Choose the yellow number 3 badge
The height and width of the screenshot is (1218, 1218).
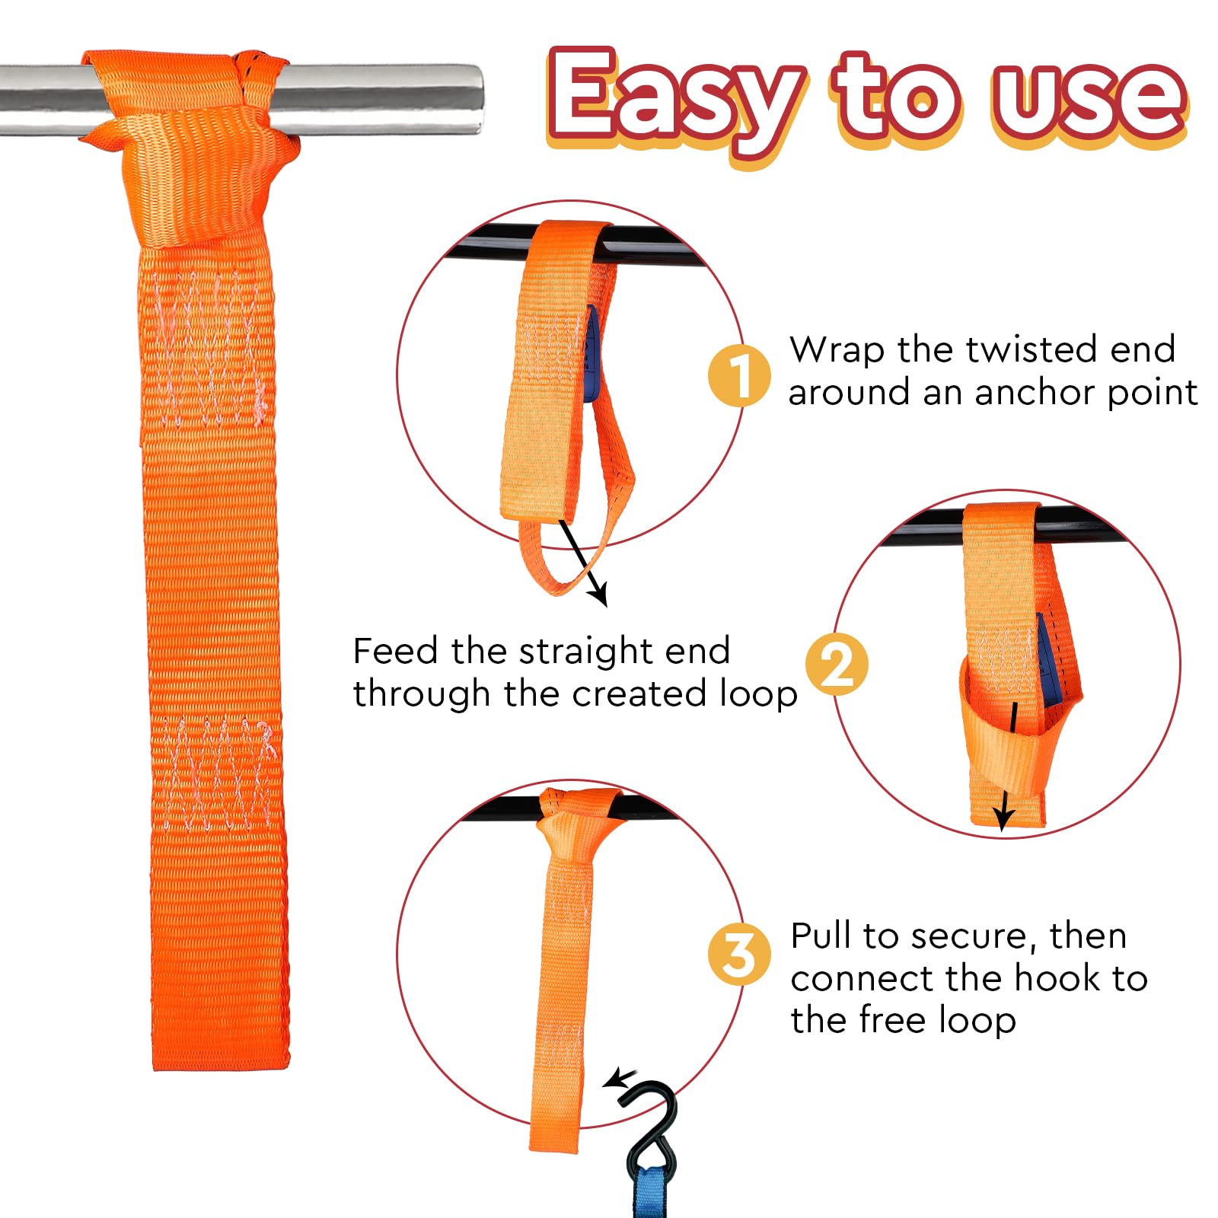tap(738, 955)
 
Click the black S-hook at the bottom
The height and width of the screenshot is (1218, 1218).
tap(652, 1127)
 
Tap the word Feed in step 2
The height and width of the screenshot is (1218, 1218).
tap(396, 651)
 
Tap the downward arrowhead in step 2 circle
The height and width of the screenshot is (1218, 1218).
tap(1004, 819)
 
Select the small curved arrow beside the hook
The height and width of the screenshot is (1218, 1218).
tap(620, 1079)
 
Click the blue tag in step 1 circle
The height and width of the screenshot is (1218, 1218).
tap(591, 354)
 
